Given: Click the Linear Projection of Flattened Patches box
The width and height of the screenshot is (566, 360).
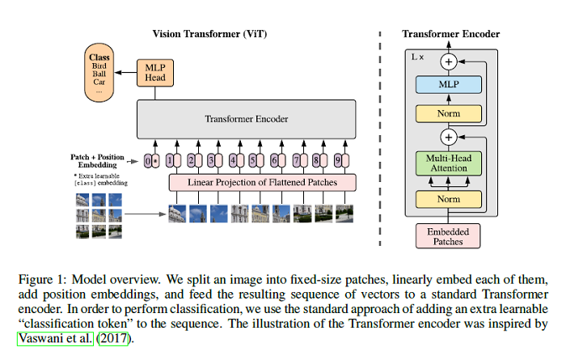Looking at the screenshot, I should tap(263, 182).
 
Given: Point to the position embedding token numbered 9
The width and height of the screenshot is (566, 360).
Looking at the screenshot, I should tap(344, 159).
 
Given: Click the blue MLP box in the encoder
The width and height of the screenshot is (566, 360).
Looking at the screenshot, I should tap(449, 83).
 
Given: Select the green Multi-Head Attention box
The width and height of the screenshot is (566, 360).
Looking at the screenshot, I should tap(449, 163).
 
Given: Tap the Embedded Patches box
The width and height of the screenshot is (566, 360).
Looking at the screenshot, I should tap(449, 235).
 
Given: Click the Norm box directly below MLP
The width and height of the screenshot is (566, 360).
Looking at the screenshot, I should tap(449, 114).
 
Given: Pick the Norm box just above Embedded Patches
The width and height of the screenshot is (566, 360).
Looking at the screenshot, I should tap(449, 197).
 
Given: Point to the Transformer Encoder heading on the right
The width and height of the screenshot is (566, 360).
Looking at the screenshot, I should tap(450, 33).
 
